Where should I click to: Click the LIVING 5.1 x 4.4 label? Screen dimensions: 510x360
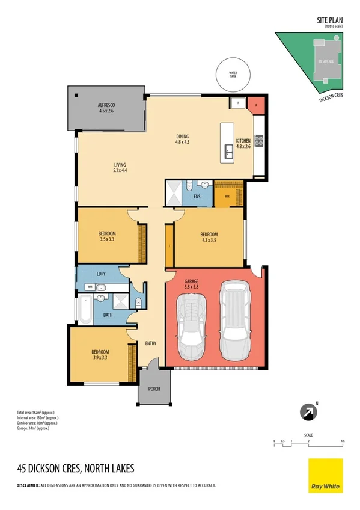click(x=121, y=167)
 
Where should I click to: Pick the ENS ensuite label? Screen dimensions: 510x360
click(x=197, y=196)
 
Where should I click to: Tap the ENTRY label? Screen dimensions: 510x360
click(x=151, y=343)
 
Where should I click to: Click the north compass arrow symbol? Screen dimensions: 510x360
click(x=307, y=412)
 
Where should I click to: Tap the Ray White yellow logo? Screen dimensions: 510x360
click(x=325, y=476)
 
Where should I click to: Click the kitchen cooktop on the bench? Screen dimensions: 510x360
click(x=259, y=141)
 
